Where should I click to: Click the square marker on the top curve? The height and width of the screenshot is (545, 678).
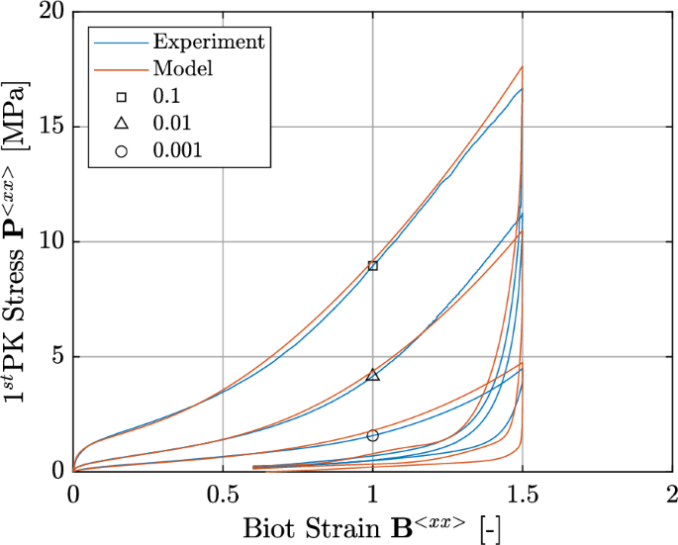[372, 265]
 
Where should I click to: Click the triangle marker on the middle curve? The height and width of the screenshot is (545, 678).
[372, 375]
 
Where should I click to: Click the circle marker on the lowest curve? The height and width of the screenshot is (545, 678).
[372, 435]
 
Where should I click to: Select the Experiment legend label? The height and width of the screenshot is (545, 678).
[208, 42]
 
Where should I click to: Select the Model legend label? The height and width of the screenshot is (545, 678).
[182, 69]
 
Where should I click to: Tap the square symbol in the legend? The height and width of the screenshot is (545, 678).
[121, 97]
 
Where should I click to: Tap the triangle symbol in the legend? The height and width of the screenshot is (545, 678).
[121, 124]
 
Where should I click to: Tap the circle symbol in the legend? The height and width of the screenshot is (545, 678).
[121, 150]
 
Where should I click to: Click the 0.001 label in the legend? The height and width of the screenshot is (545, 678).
[177, 150]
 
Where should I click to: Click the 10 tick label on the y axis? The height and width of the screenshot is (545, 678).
[51, 242]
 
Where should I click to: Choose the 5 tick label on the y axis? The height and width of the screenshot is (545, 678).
[57, 357]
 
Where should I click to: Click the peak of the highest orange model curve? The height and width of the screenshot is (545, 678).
[522, 66]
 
